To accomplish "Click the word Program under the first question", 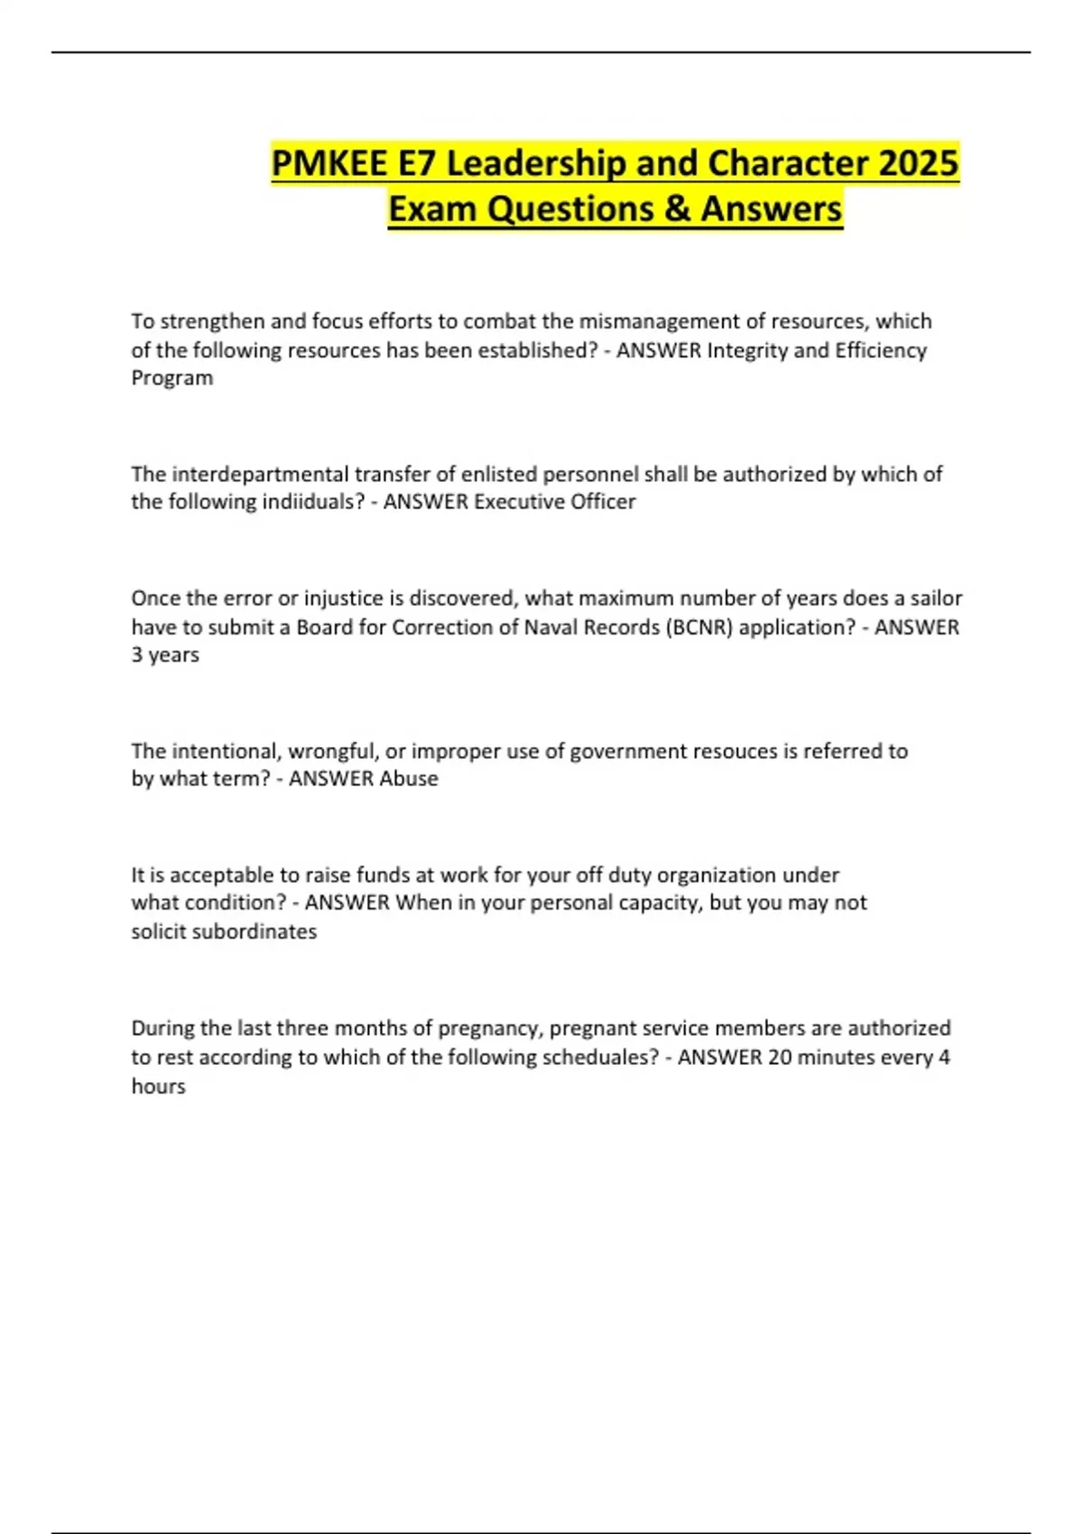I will point(172,378).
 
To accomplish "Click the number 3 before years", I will point(137,655).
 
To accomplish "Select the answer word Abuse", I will point(408,779).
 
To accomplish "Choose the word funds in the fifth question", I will point(383,875).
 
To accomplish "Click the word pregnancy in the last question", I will point(489,1029).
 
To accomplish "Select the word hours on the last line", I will point(159,1086).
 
